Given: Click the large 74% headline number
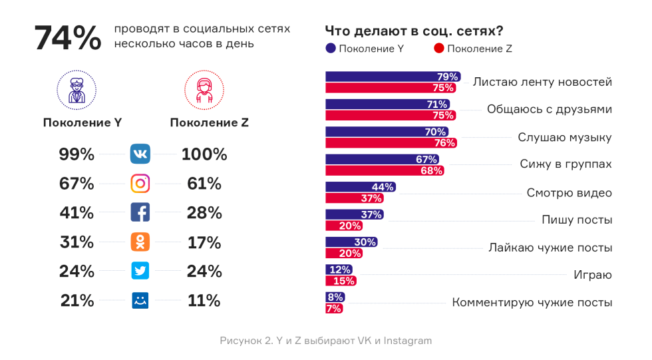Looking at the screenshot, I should pos(67,38).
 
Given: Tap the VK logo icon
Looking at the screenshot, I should pos(140,154).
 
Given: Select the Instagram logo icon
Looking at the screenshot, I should pos(140,184).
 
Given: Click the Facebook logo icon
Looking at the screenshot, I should pos(140,213).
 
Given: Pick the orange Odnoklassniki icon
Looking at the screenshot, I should pos(140,242).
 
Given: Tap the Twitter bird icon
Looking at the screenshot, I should pos(140,271).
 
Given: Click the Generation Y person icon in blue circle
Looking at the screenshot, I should pos(77,90).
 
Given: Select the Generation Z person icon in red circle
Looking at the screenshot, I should pos(204,90).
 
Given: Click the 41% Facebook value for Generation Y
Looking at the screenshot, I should pos(77,213).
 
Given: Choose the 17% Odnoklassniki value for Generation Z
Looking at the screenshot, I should pos(204,242).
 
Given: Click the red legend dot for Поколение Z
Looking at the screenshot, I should pos(438,49).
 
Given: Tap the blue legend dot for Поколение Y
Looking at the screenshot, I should pos(331,49).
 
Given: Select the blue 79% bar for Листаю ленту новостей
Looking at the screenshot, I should pos(393,77).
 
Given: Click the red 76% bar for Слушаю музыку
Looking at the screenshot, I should pos(391,143).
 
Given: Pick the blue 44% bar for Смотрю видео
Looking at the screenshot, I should pos(360,187).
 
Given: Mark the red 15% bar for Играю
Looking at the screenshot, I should pos(340,281).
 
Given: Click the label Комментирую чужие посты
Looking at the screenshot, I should pos(532,302).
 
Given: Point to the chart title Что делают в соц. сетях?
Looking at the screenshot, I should pos(413,31).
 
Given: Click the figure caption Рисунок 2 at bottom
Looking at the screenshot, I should pos(325,341).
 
